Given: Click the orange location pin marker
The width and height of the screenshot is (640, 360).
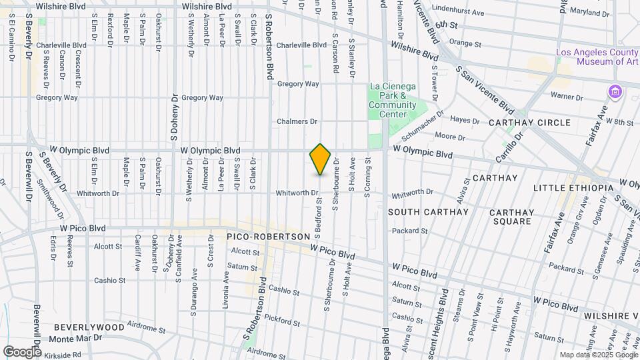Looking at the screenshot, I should coord(321,159).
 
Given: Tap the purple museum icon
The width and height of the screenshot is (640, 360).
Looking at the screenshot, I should coord(613,91).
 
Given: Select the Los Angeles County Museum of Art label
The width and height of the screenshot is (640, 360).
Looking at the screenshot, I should coord(598,57).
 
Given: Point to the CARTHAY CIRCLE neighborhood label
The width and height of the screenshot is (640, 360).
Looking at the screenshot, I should coord(529,123).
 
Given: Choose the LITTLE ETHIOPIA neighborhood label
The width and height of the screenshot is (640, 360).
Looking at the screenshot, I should coord(573,189).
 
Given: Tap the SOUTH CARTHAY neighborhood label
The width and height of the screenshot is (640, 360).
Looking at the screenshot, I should coord(428,212).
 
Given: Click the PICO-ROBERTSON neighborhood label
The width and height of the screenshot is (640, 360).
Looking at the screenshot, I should coord(269,237).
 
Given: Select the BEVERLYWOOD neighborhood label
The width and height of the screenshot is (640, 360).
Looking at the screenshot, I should coord(89,327).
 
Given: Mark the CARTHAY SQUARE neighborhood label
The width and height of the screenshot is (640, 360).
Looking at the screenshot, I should coord(511,217).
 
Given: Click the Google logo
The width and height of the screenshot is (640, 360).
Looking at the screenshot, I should coord(22,351).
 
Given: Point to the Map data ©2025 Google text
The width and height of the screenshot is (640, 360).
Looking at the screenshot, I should coord(598,355).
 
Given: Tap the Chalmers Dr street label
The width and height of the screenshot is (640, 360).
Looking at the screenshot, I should coord(297,121).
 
